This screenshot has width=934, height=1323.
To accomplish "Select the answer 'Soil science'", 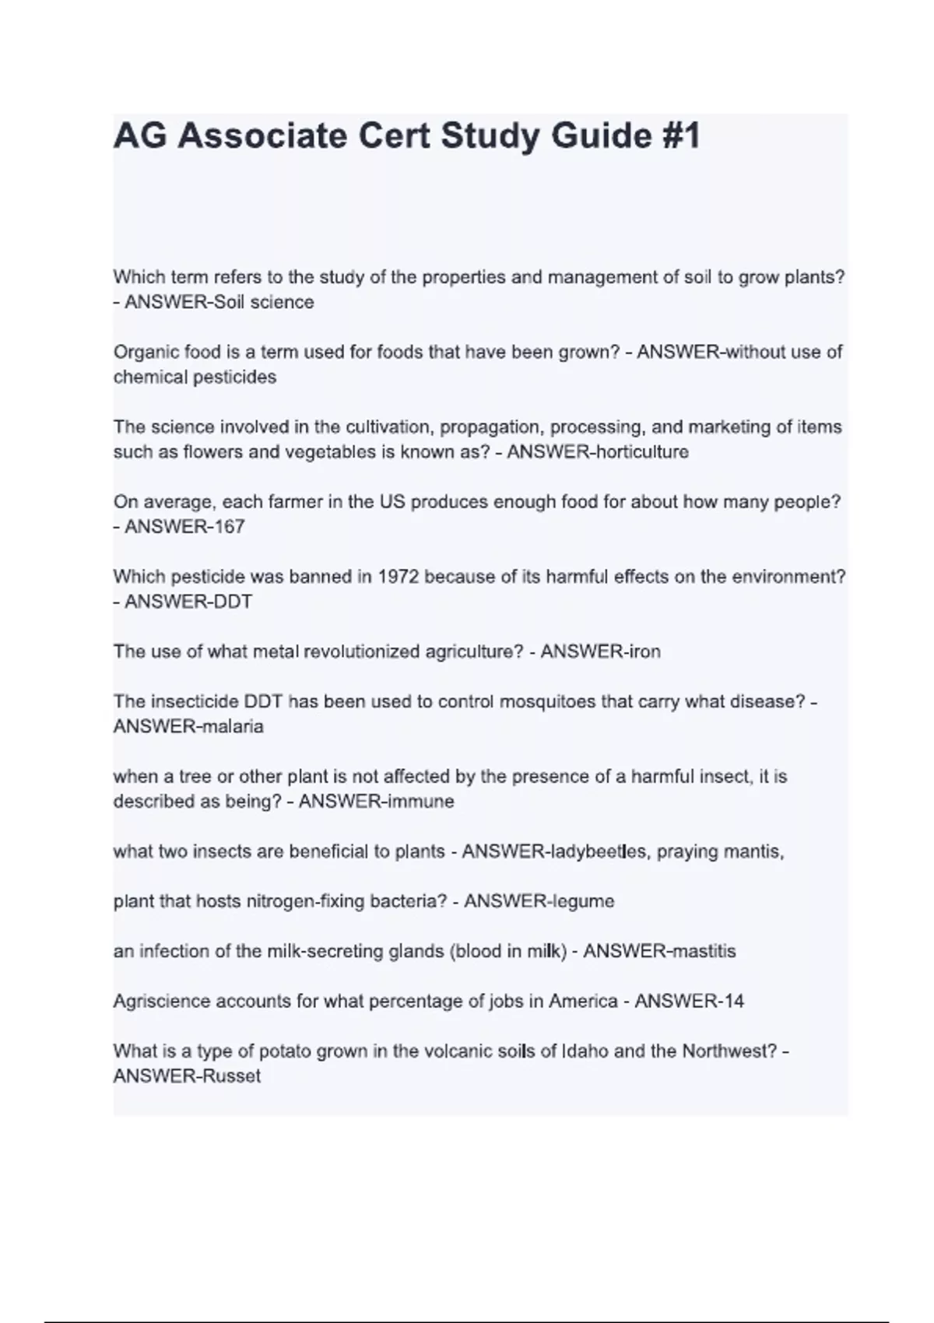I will pyautogui.click(x=264, y=302).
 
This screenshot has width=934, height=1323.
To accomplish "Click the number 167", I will pyautogui.click(x=230, y=527).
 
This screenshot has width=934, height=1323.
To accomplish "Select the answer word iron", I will pyautogui.click(x=645, y=651).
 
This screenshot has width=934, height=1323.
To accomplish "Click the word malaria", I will pyautogui.click(x=233, y=726).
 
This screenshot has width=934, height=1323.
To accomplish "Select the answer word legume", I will pyautogui.click(x=583, y=901).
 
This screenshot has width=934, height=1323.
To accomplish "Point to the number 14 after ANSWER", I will pyautogui.click(x=732, y=1001).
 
